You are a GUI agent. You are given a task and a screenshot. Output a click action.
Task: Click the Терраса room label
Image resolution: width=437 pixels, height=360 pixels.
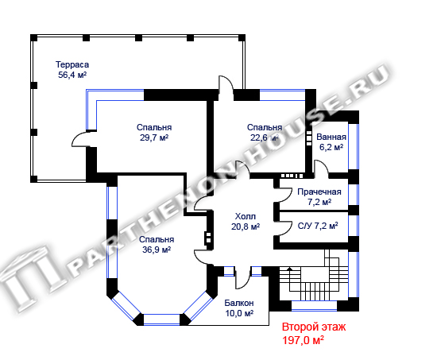point(72,64)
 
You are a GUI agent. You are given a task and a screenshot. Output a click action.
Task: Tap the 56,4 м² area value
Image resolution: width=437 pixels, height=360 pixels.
point(72,75)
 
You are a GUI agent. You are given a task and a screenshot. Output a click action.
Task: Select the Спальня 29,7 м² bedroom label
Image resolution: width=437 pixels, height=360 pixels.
point(154,133)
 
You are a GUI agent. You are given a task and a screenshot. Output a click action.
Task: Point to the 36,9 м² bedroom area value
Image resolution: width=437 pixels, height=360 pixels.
point(157,250)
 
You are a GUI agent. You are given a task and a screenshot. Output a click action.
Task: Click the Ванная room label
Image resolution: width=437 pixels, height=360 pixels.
point(331,137)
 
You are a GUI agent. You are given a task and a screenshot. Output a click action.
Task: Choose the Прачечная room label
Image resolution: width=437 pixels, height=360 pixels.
point(319,192)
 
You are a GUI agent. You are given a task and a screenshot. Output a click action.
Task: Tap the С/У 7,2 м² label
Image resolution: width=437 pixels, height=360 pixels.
point(318,226)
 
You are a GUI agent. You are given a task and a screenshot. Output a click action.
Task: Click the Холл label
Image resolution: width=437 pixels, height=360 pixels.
point(246,216)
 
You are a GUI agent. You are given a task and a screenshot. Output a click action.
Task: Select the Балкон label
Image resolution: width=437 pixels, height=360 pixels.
point(239,303)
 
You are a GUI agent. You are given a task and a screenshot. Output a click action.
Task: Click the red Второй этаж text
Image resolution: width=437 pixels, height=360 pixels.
point(314,327)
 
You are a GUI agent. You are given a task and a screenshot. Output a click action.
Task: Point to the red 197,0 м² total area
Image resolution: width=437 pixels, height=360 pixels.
point(304,340)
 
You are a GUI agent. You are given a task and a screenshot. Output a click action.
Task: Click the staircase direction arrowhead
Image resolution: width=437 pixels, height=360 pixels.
point(290,269)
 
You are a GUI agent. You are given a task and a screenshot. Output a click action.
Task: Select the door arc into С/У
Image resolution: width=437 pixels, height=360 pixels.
point(287,226)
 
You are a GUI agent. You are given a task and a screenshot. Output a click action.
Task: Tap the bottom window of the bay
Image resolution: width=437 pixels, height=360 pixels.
point(161,319)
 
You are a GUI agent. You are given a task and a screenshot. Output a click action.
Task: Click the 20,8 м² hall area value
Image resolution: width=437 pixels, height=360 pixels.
point(246,226)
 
